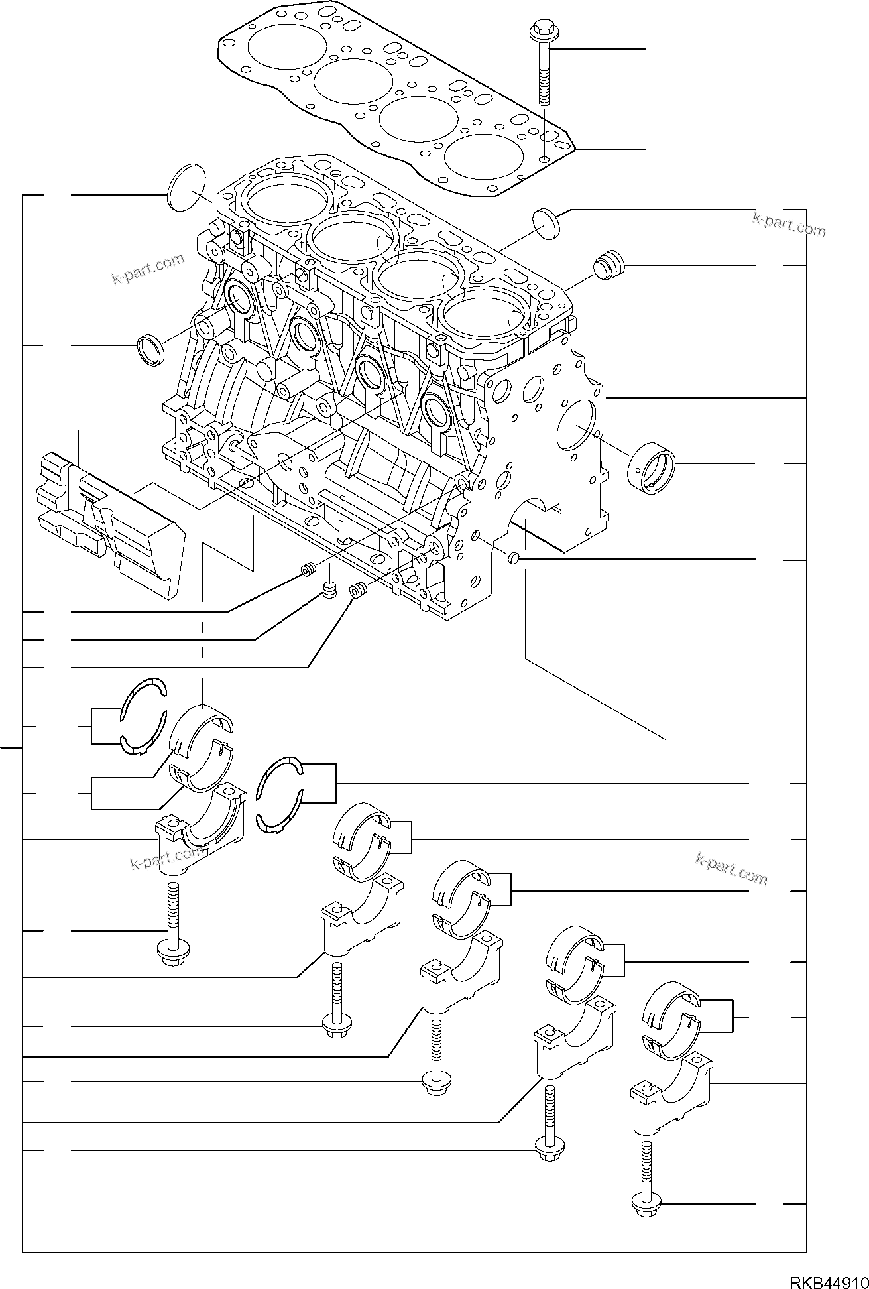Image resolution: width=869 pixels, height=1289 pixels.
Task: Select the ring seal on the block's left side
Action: click(151, 349)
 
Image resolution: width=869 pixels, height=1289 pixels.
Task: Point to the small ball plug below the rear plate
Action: click(514, 560)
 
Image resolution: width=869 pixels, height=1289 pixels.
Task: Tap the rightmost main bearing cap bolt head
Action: click(644, 1204)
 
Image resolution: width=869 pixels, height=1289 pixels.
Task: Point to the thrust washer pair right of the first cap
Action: click(279, 794)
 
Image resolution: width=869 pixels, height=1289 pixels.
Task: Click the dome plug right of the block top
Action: click(546, 223)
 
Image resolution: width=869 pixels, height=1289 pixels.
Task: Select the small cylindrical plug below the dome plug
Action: click(607, 265)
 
